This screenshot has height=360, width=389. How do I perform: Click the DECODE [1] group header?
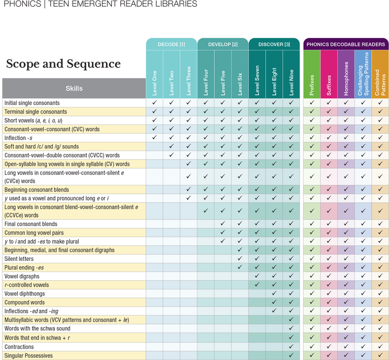pos(171,45)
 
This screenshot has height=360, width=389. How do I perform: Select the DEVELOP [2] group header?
pos(223,45)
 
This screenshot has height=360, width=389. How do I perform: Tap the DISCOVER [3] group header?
pos(274,45)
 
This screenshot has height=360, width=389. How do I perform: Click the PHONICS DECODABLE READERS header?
pos(346,45)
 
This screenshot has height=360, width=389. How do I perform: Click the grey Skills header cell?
pos(74,88)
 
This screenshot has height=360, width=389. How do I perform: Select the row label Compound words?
pos(24,302)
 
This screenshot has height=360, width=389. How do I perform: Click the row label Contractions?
pos(19,347)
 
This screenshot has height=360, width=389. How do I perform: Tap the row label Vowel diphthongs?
pos(25,293)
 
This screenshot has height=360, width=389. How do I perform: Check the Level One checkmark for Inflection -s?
pos(155,137)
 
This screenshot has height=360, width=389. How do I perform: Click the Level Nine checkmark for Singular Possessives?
pos(291,356)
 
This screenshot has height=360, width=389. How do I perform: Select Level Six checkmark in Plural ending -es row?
pos(240,267)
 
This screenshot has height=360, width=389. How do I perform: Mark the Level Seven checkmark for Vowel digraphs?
pos(257,276)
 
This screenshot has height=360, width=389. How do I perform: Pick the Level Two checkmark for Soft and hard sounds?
pos(172,146)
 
